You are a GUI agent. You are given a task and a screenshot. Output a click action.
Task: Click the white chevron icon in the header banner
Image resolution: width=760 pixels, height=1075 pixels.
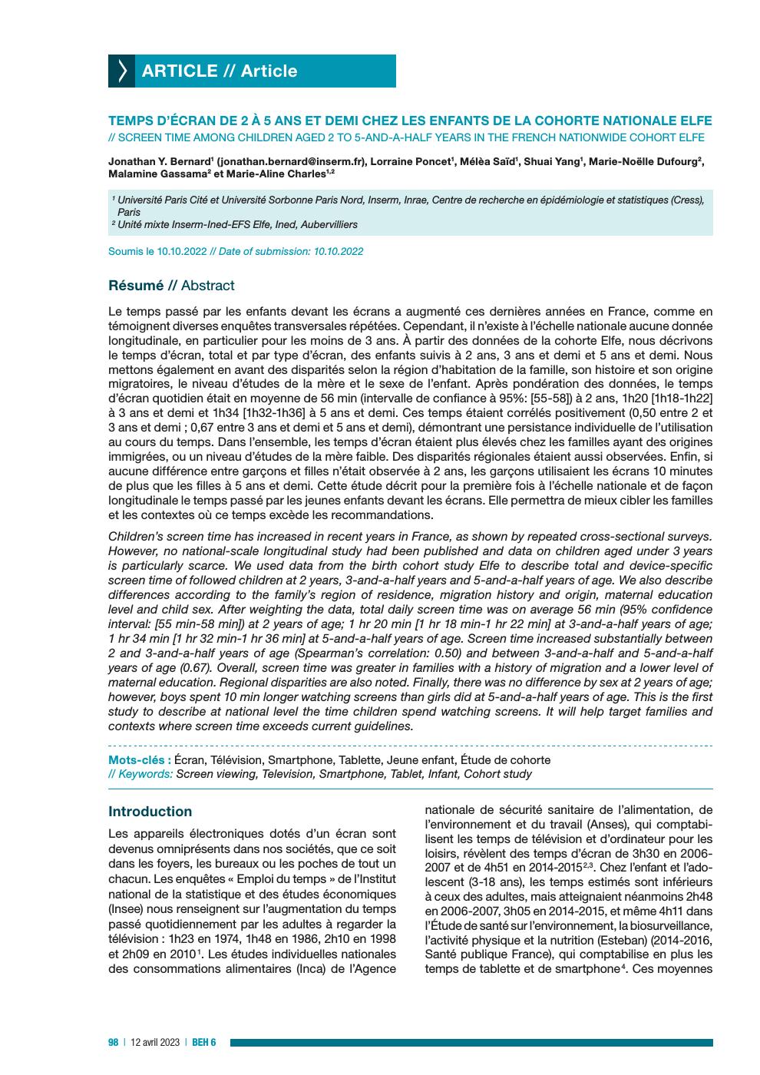click(122, 71)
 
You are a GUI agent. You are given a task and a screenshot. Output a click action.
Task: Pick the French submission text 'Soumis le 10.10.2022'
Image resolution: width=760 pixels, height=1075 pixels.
click(157, 251)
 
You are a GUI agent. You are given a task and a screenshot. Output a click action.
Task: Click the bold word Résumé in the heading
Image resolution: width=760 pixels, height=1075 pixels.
click(136, 286)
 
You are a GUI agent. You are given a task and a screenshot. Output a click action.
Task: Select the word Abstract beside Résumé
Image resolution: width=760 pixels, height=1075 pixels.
click(207, 286)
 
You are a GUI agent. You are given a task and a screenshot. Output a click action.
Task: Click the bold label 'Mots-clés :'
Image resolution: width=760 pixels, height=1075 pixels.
click(139, 760)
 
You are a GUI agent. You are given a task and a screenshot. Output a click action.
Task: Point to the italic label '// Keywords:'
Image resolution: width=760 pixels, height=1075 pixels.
click(140, 774)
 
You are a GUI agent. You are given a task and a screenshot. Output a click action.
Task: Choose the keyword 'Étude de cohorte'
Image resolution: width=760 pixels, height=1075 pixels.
click(505, 760)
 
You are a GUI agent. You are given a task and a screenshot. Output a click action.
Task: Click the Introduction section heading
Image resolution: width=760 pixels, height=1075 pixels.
click(150, 812)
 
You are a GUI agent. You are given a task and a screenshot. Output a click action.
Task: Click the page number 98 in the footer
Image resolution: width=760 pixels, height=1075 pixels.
click(113, 1042)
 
